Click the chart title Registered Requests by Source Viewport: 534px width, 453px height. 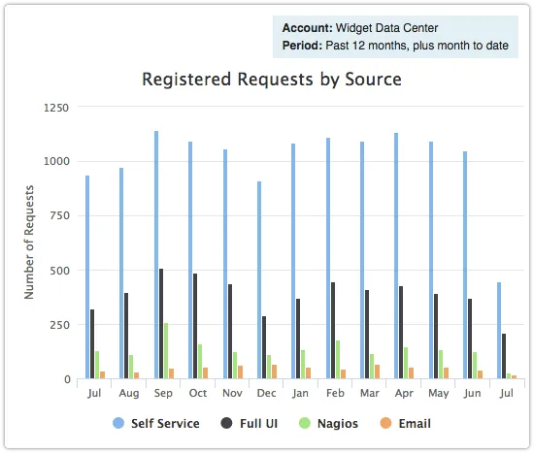tap(272, 79)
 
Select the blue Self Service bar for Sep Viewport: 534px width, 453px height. tap(155, 254)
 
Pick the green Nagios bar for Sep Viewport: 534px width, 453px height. tap(166, 350)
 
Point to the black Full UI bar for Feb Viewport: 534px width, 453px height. tap(333, 330)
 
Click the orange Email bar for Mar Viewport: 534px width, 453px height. tap(377, 372)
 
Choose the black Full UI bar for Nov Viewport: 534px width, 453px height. tap(230, 331)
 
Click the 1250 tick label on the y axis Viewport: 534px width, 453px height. tap(55, 107)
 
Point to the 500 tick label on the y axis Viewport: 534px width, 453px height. tap(59, 271)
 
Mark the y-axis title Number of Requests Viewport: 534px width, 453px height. tap(30, 243)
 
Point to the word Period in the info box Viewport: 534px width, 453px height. tap(302, 46)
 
